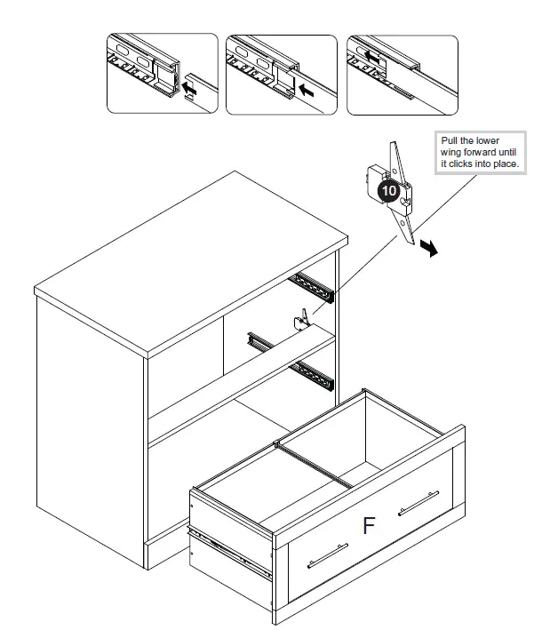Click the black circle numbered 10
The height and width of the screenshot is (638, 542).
point(388,190)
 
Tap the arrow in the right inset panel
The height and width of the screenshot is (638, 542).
point(373,54)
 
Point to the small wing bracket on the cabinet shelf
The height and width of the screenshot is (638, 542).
point(305,317)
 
